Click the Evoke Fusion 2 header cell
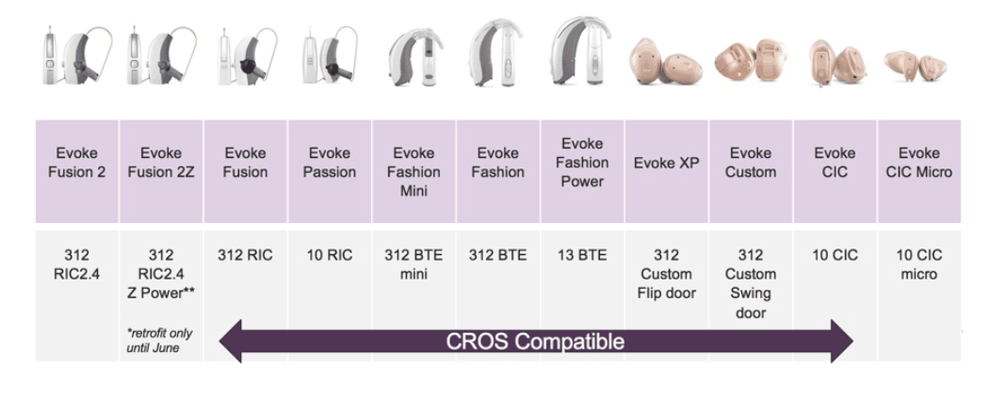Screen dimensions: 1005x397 pos(77,171)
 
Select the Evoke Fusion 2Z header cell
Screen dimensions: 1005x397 pos(161,171)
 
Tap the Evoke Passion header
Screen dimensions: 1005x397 pos(330,171)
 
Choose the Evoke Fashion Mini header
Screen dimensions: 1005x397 pos(413,171)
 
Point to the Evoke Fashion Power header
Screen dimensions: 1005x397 pos(582,171)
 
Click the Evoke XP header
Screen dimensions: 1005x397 pos(667,171)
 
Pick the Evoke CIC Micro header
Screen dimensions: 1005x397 pos(919,171)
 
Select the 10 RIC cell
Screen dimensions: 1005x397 pos(330,255)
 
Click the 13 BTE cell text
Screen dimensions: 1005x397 pos(582,255)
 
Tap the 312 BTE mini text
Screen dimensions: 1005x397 pos(413,264)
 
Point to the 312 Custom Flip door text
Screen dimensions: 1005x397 pos(667,274)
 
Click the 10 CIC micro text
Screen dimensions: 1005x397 pos(919,264)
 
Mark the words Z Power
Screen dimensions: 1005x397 pos(161,294)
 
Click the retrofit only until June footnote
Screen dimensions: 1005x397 pos(159,341)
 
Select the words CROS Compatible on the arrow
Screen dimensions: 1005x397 pos(535,341)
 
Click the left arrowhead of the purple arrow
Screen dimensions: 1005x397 pos(231,341)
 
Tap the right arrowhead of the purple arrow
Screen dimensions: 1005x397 pos(842,341)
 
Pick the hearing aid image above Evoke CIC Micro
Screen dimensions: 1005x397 pos(916,65)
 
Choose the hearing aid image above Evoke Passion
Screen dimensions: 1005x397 pos(330,56)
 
